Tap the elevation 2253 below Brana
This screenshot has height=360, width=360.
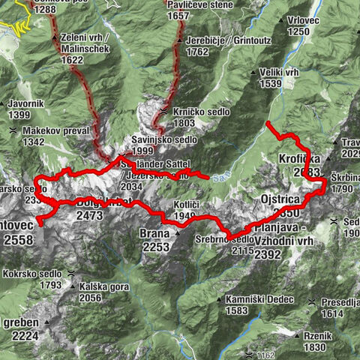(154, 247)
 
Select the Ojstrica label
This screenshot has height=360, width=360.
(281, 199)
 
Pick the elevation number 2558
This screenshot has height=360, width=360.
(19, 240)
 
